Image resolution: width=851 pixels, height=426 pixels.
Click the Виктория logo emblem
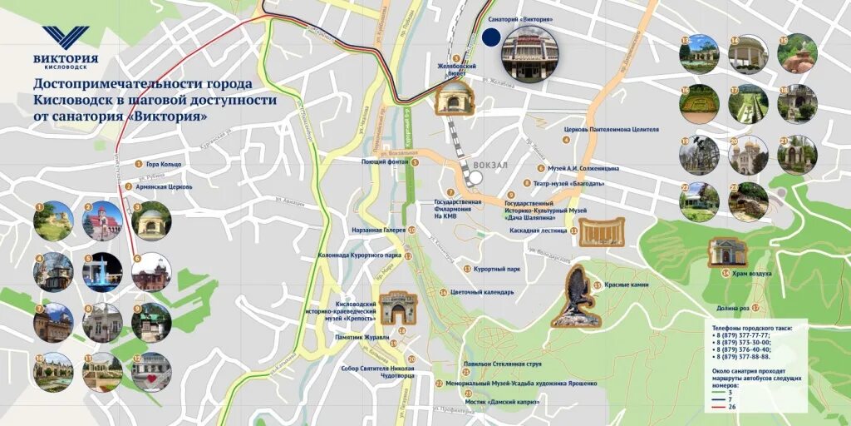[66, 37]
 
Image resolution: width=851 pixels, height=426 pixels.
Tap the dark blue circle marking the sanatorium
[491, 37]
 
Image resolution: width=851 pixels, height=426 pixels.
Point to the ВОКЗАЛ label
[489, 165]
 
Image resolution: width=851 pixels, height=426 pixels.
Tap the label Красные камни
[627, 285]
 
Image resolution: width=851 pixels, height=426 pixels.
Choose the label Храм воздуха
[752, 273]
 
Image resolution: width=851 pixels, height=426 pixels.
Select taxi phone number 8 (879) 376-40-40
[742, 349]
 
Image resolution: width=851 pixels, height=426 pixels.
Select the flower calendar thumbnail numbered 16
[699, 103]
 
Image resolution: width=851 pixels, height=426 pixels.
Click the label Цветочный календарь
[481, 292]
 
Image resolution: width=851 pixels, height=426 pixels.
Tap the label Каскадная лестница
[538, 230]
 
